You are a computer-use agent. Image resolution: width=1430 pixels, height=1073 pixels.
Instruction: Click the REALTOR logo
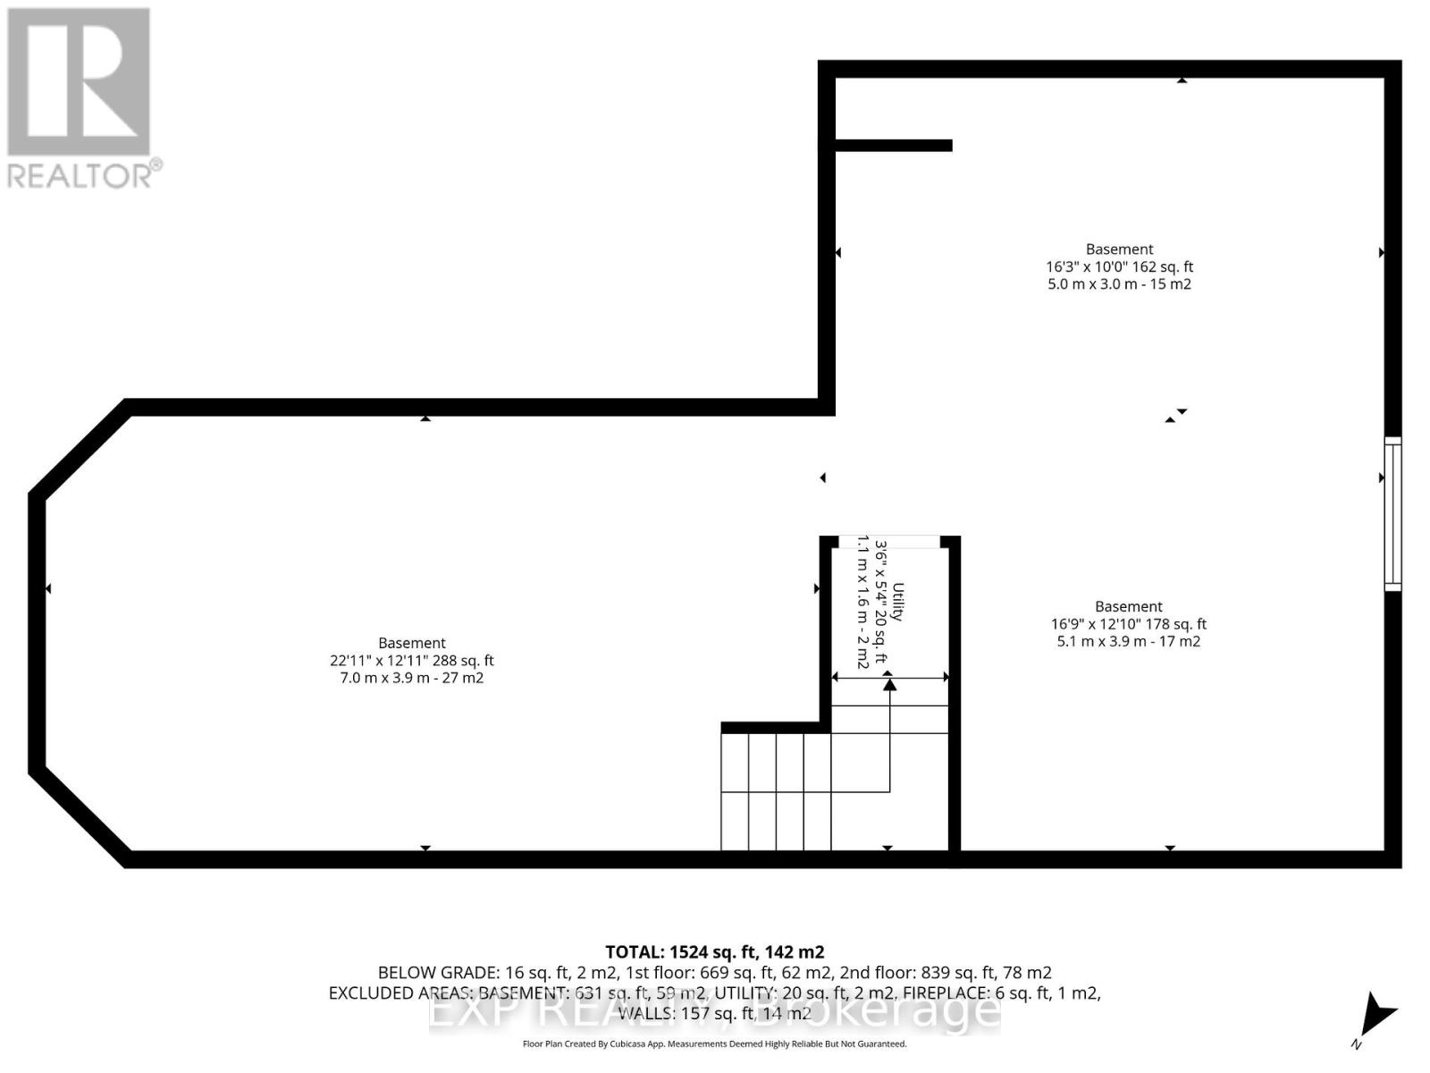pos(83,97)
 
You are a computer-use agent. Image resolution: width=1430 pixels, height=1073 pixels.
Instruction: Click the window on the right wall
pos(1392,513)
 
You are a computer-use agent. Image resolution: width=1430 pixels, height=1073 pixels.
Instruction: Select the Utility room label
pos(898,601)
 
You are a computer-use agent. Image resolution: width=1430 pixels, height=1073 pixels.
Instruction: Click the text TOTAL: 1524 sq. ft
pos(714,952)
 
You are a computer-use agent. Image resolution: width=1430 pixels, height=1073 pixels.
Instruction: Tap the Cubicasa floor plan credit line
pos(714,1043)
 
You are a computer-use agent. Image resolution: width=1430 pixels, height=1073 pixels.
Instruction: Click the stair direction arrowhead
pos(889,684)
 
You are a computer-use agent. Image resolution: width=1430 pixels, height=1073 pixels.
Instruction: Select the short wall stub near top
pos(893,146)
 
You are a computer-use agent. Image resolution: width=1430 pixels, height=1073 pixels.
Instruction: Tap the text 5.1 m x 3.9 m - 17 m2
pos(1128,641)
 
